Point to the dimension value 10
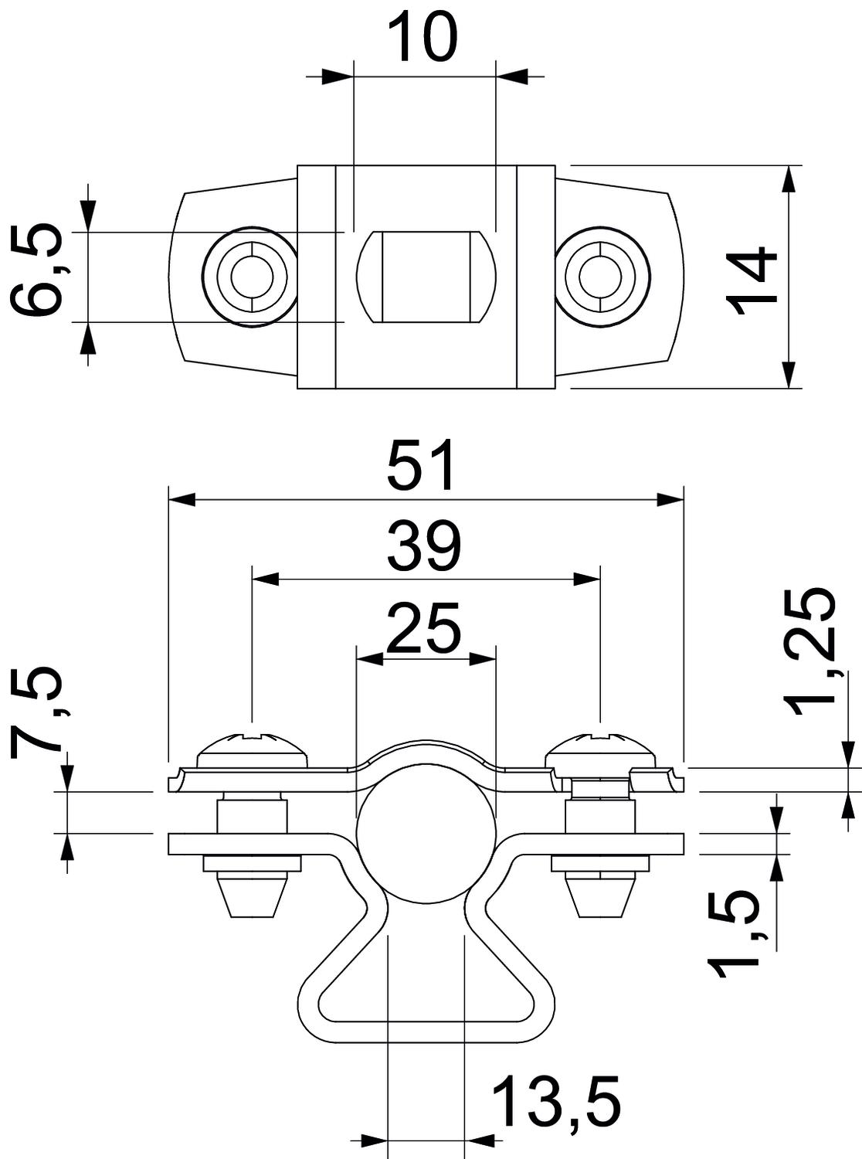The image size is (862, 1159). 423,38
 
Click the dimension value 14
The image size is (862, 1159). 752,279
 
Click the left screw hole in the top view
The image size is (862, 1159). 249,277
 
